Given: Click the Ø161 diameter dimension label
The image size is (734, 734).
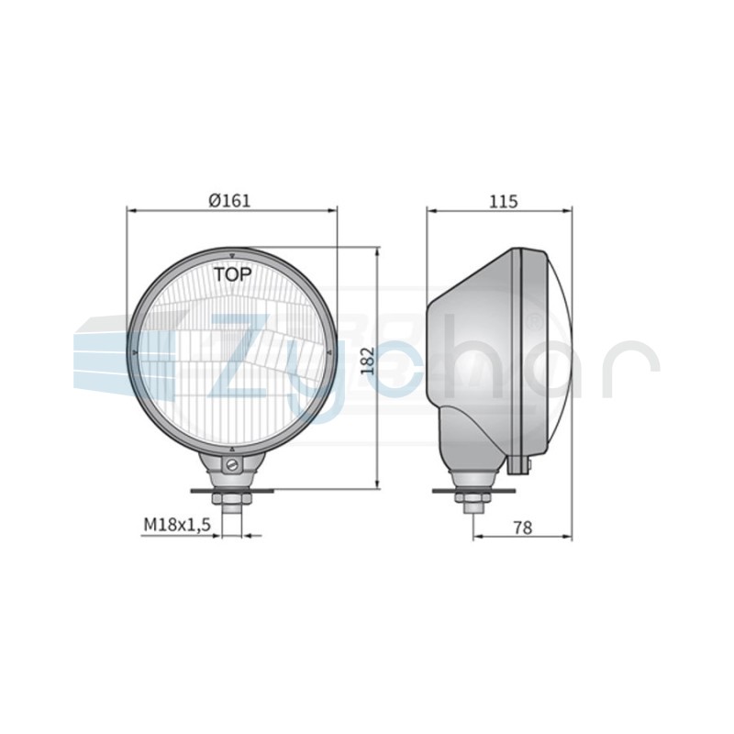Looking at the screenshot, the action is coord(229,200).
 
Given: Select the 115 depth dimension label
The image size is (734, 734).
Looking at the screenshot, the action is coord(504,201).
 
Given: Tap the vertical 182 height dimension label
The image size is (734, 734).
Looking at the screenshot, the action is coord(369,361).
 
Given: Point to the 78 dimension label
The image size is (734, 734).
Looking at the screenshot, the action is coord(523,528).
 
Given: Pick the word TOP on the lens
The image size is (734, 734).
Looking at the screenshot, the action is coord(233,274).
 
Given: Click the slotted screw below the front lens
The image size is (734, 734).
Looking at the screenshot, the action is coord(232,465).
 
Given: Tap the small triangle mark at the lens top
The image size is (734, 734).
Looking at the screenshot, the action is coord(232,256).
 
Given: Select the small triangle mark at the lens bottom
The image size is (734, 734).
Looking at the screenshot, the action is coord(232,449).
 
